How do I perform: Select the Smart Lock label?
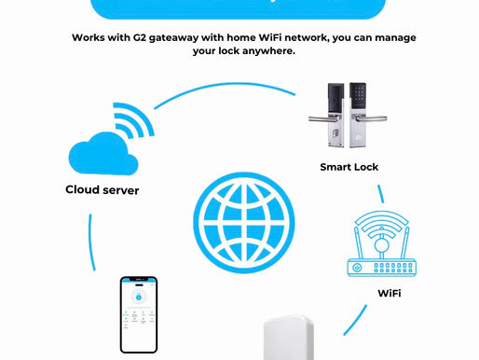click(x=349, y=167)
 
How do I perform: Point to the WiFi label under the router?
click(x=389, y=292)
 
